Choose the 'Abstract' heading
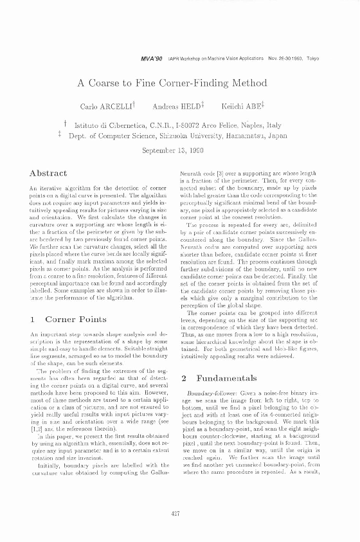[49, 173]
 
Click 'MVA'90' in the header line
[152, 58]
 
